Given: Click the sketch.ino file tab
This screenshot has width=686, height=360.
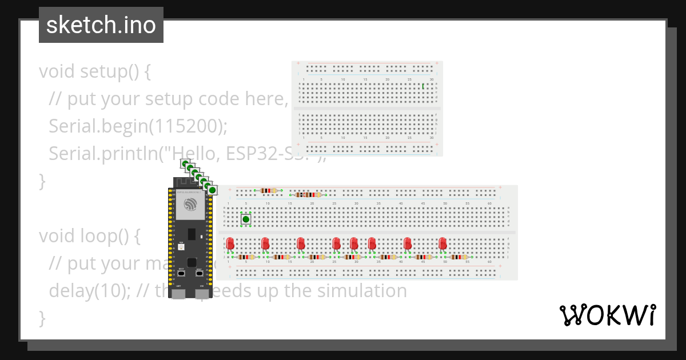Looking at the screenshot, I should coord(101,25).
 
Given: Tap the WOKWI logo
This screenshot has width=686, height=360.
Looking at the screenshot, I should coord(607,315).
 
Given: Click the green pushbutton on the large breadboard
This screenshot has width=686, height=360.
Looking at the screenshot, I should coord(246,219).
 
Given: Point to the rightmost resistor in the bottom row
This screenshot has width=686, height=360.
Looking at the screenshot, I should coord(458,257).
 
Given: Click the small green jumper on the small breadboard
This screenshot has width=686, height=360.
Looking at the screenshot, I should coord(422,86).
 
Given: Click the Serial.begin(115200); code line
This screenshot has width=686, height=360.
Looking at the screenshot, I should coord(138,126).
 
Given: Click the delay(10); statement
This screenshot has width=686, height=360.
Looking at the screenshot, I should coord(91,291).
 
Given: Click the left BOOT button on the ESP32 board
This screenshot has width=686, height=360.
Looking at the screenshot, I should coord(181,273).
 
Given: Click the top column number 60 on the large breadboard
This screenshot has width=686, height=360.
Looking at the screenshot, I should coord(489,203).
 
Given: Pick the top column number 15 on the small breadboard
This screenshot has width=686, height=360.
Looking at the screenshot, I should coord(365,79).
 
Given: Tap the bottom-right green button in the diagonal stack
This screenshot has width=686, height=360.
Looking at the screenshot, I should coord(212,190).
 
